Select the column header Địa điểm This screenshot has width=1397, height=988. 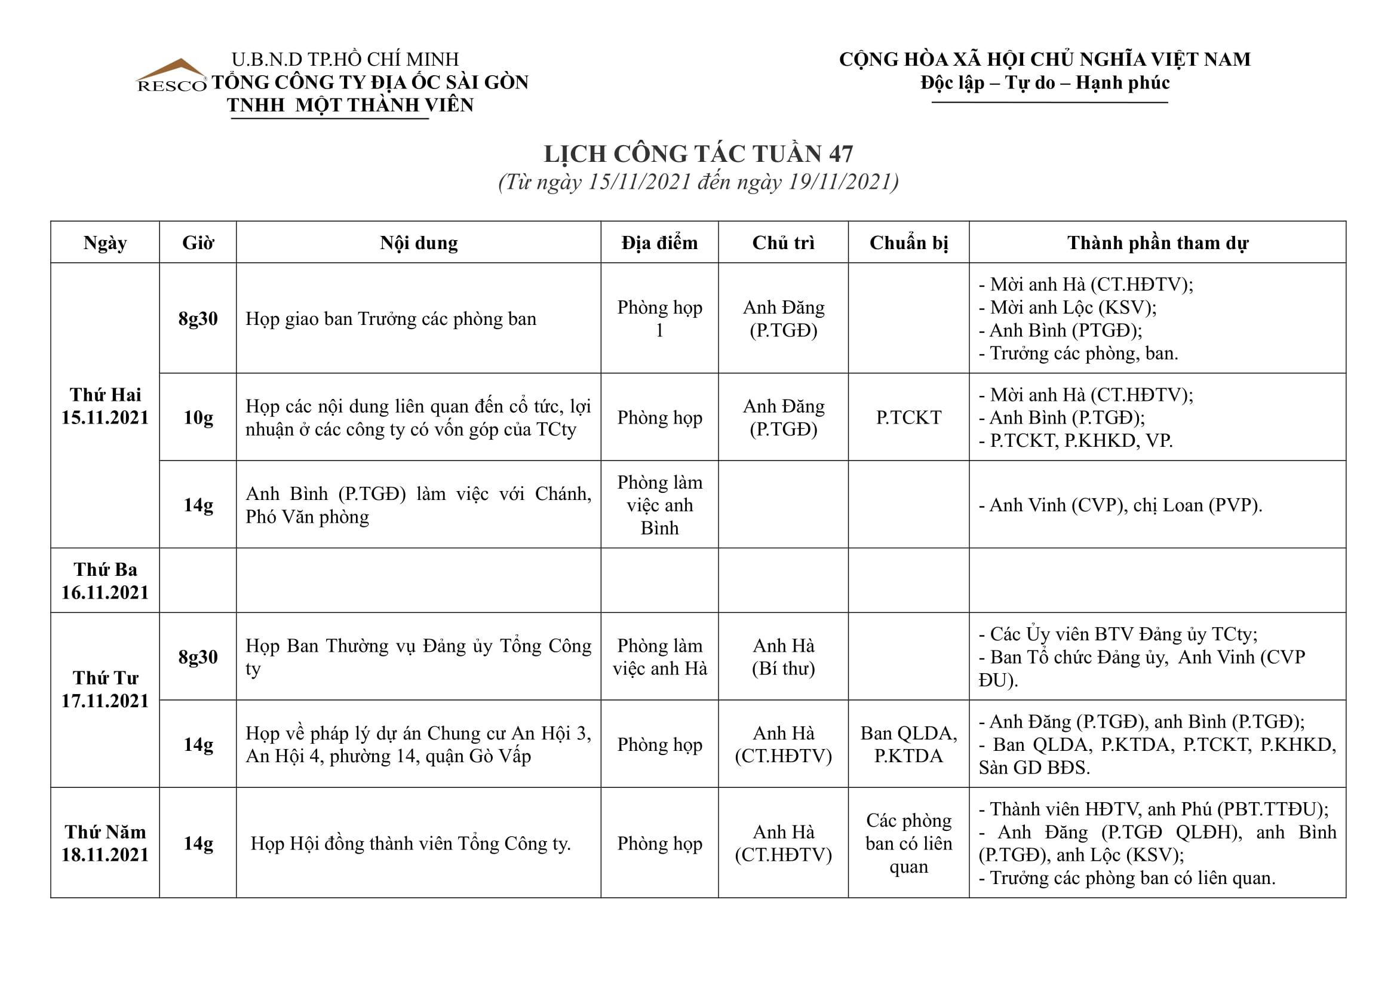659,243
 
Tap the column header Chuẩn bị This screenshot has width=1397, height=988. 908,243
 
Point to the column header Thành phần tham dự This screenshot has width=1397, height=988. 1157,243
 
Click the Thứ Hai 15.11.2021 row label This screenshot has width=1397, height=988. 105,406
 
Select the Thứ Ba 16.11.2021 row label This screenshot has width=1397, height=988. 105,581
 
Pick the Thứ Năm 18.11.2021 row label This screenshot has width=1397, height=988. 105,843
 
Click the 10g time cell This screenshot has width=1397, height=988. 198,418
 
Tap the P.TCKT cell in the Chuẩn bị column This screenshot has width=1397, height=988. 908,418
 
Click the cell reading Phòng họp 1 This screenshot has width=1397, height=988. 659,318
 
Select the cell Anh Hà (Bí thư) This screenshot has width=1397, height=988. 783,656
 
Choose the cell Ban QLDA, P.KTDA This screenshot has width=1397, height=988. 908,744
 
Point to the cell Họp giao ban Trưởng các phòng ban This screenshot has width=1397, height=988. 391,319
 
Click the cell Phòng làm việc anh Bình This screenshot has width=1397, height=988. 659,504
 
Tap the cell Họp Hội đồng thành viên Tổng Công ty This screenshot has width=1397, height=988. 411,843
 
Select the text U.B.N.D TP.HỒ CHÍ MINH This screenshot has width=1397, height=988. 345,59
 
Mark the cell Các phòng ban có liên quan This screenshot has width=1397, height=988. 908,843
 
